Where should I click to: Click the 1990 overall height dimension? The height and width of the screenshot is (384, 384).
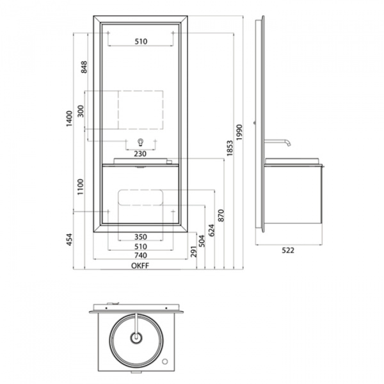tap(239, 132)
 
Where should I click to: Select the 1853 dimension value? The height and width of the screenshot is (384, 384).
tap(230, 148)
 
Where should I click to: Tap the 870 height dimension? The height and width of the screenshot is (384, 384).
tap(221, 216)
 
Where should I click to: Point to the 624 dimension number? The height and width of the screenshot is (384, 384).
tap(211, 230)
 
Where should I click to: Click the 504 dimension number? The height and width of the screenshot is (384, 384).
tap(202, 241)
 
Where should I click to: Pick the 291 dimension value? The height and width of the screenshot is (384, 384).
tap(193, 252)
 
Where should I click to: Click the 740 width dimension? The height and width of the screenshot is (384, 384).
tap(141, 255)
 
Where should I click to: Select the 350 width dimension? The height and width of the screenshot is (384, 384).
tap(141, 237)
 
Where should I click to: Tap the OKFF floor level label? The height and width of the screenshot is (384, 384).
tap(140, 266)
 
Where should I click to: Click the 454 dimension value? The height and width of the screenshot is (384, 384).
tap(69, 239)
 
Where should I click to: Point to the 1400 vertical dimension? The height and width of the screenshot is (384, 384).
tap(69, 118)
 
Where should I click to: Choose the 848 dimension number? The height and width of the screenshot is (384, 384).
tap(84, 67)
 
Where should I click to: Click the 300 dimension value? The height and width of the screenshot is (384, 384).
tap(81, 111)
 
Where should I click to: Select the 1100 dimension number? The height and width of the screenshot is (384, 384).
tap(81, 187)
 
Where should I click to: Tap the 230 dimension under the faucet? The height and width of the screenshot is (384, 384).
tap(140, 154)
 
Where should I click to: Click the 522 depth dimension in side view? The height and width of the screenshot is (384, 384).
tap(288, 250)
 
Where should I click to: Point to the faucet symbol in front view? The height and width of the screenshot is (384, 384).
tap(140, 142)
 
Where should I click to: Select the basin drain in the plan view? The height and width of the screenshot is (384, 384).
tap(136, 338)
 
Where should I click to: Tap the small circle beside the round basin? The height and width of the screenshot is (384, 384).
tap(165, 361)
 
